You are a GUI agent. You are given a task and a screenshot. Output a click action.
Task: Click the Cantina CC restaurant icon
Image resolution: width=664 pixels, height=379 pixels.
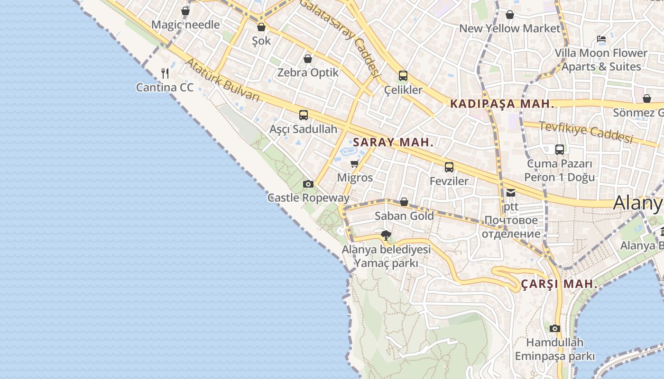pyautogui.click(x=165, y=73)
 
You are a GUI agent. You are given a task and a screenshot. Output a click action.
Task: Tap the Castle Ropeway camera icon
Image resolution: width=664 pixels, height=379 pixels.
pyautogui.click(x=308, y=184)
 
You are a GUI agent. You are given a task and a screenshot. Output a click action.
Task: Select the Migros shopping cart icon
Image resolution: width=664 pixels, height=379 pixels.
pyautogui.click(x=354, y=164)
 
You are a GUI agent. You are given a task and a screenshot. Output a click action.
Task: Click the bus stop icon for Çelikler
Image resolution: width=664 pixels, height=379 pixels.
pyautogui.click(x=403, y=75)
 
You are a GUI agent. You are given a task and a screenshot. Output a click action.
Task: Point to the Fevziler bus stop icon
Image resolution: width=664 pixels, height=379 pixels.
pyautogui.click(x=449, y=167)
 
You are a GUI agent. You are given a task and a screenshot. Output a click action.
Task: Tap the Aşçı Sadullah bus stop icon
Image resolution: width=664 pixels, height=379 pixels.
pyautogui.click(x=304, y=115)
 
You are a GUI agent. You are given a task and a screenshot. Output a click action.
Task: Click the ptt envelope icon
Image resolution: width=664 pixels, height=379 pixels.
pyautogui.click(x=511, y=192)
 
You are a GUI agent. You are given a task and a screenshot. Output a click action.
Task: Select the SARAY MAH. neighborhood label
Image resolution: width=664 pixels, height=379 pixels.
pyautogui.click(x=393, y=142)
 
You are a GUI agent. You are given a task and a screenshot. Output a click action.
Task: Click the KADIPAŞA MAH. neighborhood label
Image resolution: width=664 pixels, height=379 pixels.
pyautogui.click(x=502, y=104)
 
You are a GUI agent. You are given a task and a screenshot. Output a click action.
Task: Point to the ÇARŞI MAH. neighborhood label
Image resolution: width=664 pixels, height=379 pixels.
pyautogui.click(x=559, y=284)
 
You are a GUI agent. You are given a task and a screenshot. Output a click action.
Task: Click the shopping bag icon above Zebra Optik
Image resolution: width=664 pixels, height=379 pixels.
pyautogui.click(x=308, y=59)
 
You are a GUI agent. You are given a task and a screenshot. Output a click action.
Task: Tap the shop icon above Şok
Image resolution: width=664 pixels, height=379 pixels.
pyautogui.click(x=261, y=27)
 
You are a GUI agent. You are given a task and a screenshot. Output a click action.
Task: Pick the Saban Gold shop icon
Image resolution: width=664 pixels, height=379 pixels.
pyautogui.click(x=404, y=202)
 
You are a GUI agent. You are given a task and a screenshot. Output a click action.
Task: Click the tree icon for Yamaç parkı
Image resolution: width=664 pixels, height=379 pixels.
pyautogui.click(x=386, y=235)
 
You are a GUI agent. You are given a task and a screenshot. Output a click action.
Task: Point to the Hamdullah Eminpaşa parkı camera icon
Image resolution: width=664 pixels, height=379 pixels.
pyautogui.click(x=555, y=328)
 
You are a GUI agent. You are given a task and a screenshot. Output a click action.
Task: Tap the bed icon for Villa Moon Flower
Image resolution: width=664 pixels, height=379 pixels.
pyautogui.click(x=601, y=39)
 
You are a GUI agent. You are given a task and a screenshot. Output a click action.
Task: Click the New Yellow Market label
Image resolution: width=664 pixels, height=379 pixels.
pyautogui.click(x=510, y=28)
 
